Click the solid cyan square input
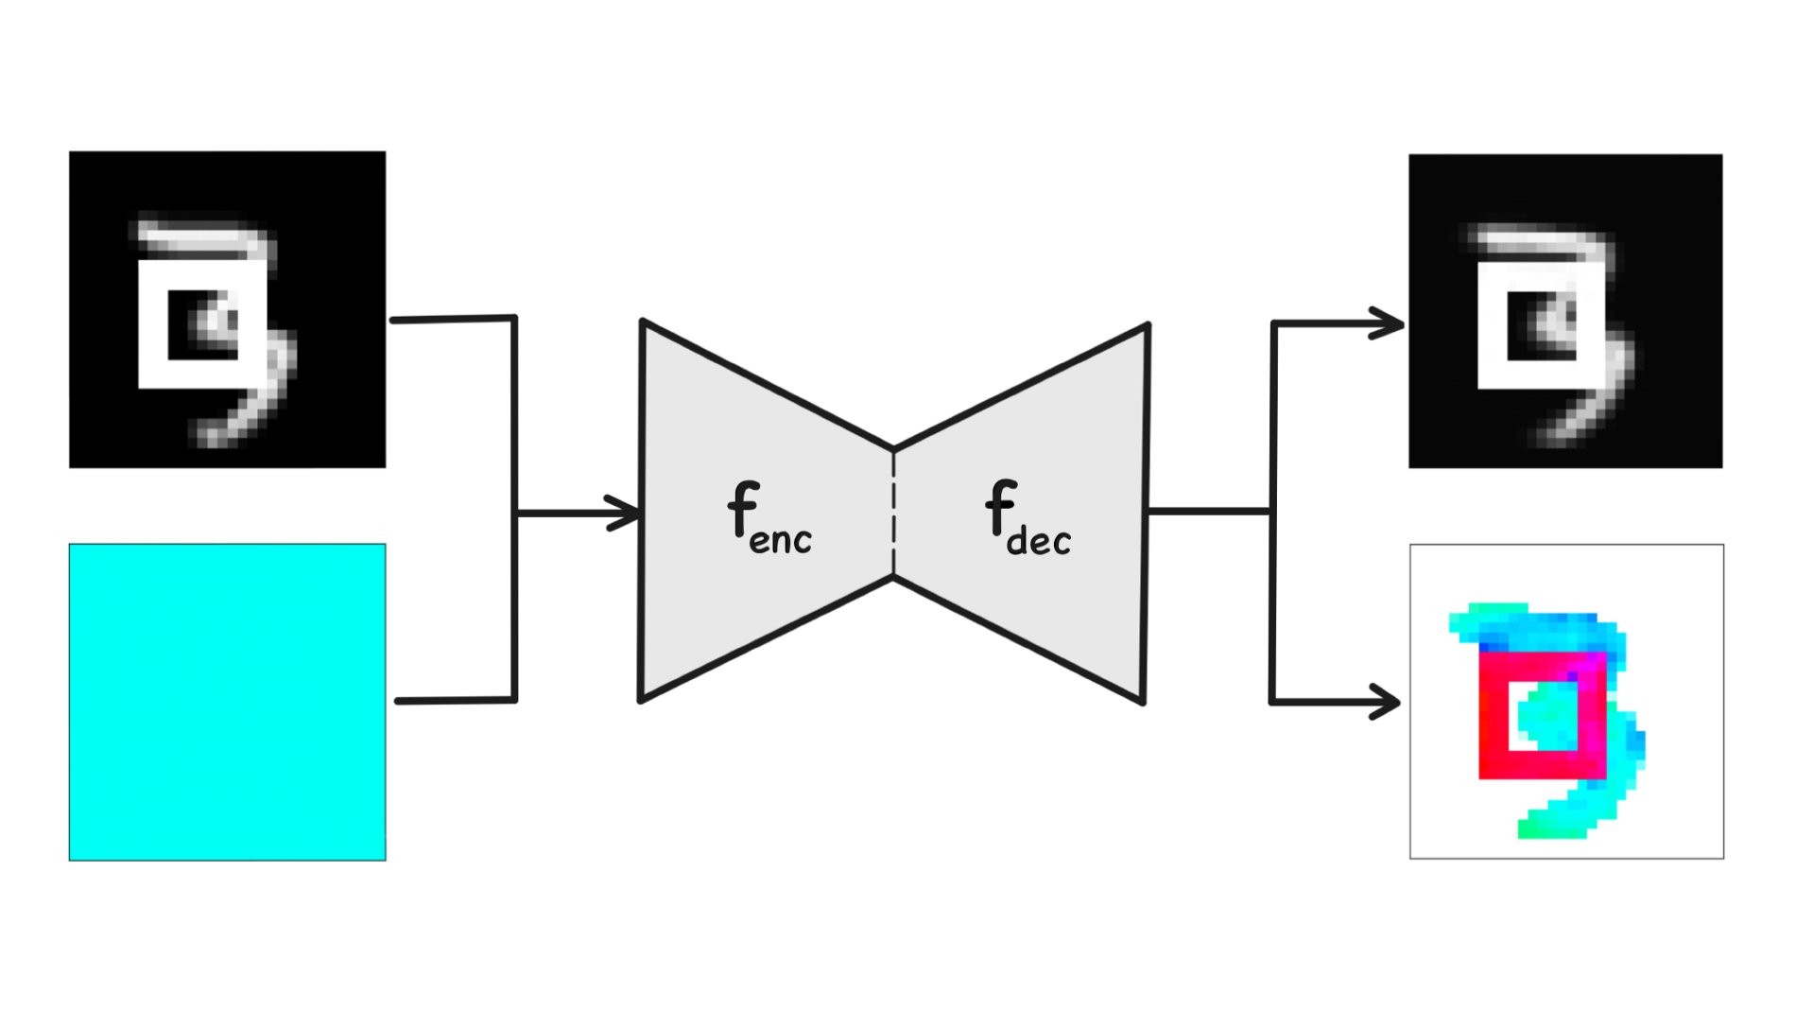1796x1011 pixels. (227, 702)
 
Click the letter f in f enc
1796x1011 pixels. (743, 508)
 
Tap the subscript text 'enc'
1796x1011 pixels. (781, 540)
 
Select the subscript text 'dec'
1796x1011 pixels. (1039, 541)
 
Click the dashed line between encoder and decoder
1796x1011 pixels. (893, 512)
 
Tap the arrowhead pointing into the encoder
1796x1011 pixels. (626, 514)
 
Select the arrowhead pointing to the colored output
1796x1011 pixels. (1386, 703)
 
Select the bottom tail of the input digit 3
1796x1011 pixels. (236, 421)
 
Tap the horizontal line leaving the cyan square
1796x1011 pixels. (454, 701)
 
